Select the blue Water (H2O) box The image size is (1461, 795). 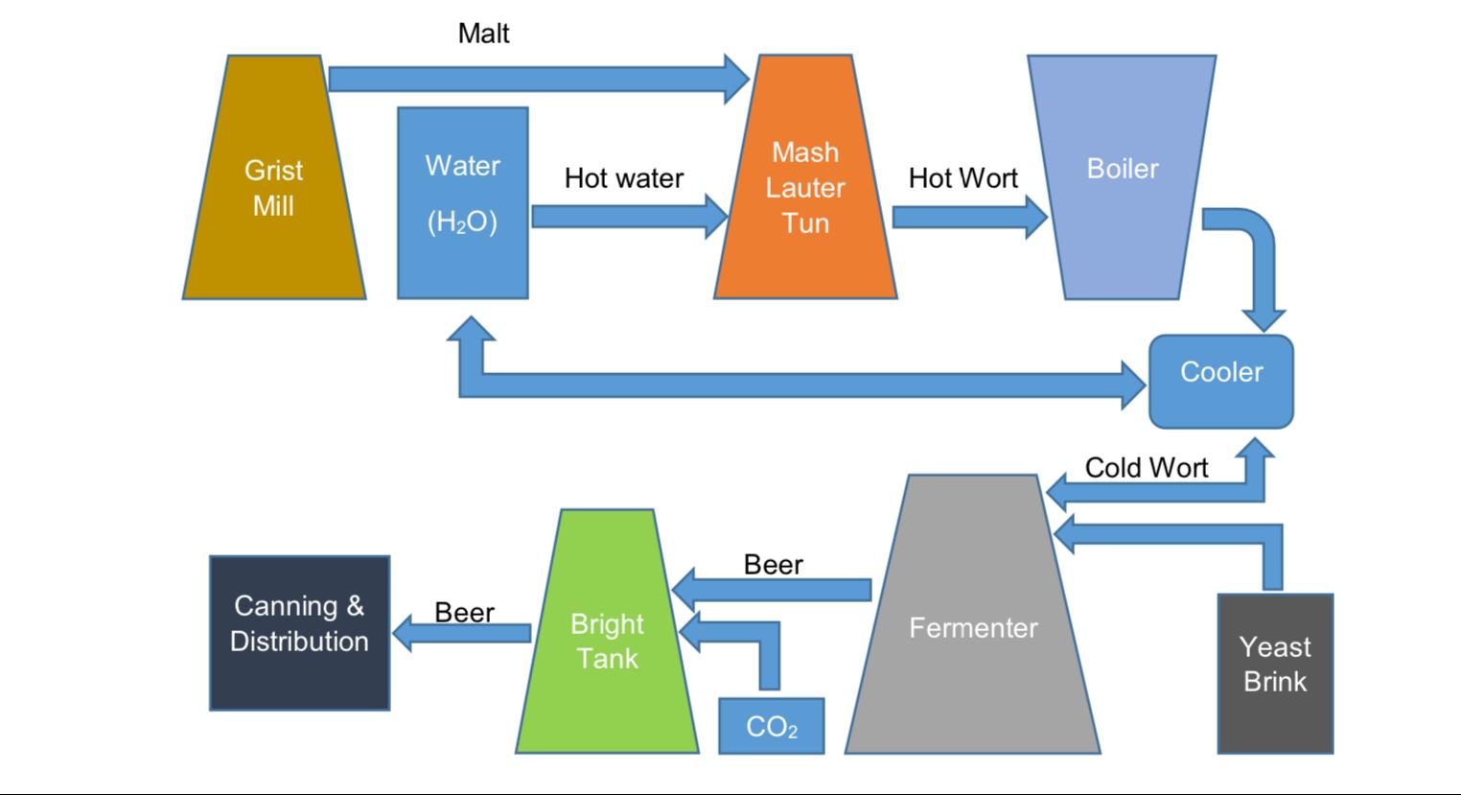click(463, 201)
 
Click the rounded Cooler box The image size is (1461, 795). click(1221, 381)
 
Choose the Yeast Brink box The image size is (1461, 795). click(1275, 671)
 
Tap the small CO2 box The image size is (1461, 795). click(772, 726)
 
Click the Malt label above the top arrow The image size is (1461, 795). click(484, 34)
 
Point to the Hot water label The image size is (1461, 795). click(624, 178)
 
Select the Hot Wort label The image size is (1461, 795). click(963, 178)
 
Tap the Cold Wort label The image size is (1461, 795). click(1147, 468)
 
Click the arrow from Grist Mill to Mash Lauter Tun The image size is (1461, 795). click(537, 79)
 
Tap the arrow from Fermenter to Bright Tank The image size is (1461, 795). click(772, 589)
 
